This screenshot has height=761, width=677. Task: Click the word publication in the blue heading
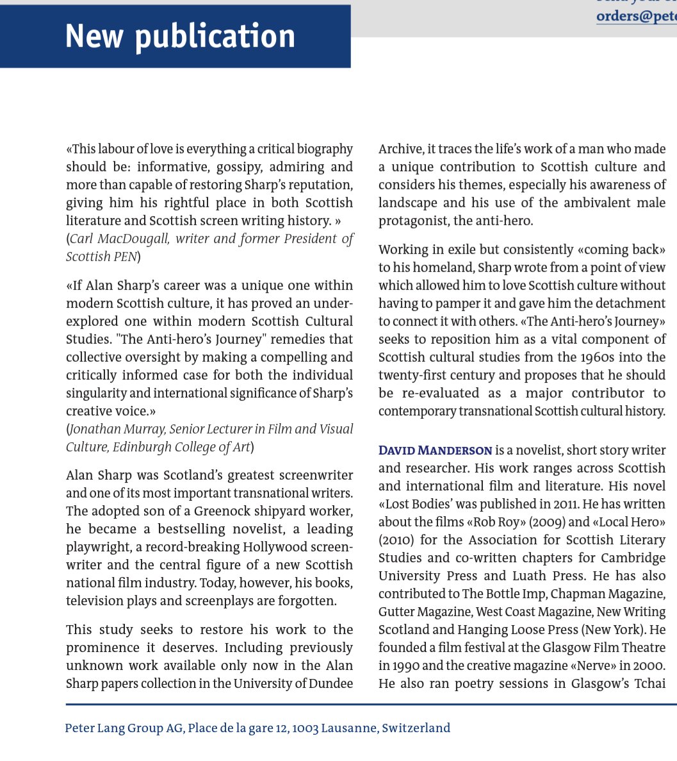coord(215,37)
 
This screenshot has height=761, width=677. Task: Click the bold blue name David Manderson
coord(436,451)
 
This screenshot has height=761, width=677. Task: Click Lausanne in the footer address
coord(350,728)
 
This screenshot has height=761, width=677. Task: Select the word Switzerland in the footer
coord(416,728)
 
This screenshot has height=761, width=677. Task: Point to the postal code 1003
coord(304,728)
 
